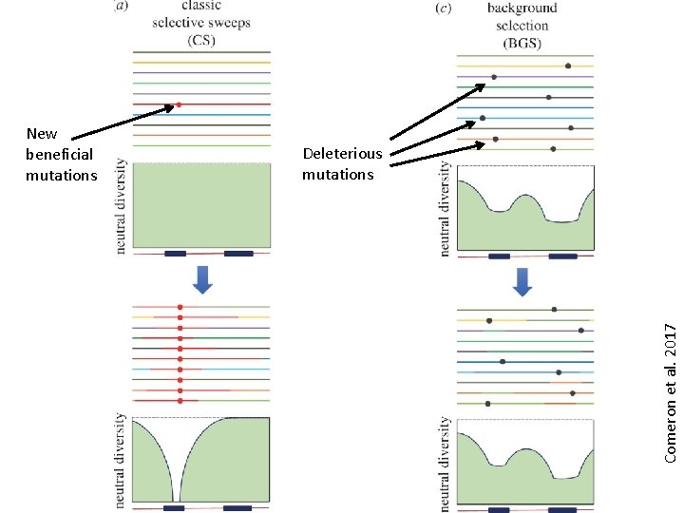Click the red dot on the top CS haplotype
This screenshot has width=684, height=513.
[x=179, y=104]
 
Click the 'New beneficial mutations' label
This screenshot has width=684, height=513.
[x=61, y=154]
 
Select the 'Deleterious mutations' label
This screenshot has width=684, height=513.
[x=342, y=163]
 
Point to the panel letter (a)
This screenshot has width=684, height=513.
[x=122, y=6]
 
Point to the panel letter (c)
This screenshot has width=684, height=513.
[x=443, y=8]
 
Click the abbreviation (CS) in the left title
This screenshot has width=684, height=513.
[x=200, y=39]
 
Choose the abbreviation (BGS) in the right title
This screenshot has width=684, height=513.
[x=522, y=42]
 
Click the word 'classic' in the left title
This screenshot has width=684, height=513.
[x=200, y=7]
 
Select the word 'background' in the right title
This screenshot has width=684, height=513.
[x=522, y=9]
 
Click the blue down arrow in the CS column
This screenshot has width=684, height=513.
[x=202, y=279]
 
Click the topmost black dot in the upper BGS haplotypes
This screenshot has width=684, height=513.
[x=568, y=66]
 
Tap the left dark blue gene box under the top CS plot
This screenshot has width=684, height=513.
[x=175, y=254]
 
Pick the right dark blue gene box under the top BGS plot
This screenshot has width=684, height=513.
[x=562, y=256]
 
